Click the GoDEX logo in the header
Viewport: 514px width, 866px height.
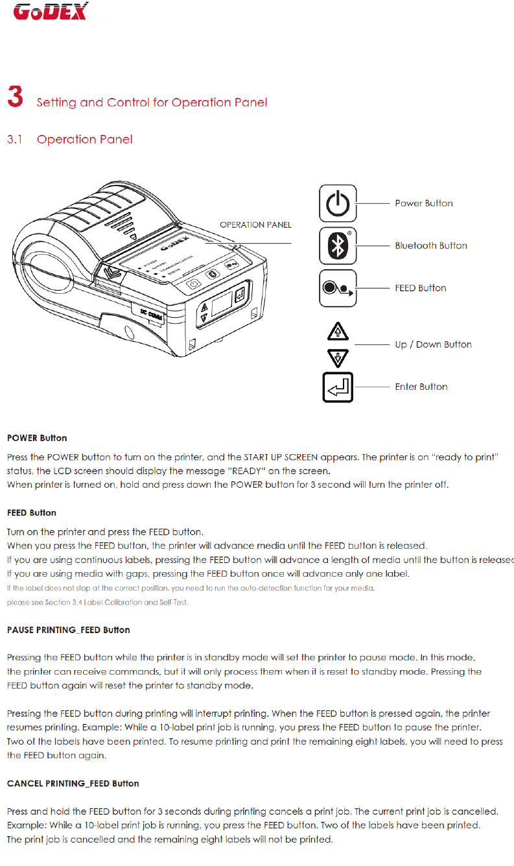click(51, 12)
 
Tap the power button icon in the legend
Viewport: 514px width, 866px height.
click(338, 203)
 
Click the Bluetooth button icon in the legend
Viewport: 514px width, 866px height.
click(338, 246)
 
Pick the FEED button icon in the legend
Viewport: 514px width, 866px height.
click(338, 288)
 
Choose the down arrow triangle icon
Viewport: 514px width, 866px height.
click(338, 357)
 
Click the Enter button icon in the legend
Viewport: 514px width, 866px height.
click(338, 387)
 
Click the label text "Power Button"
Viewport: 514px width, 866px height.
click(424, 203)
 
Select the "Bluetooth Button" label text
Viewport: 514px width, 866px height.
click(431, 246)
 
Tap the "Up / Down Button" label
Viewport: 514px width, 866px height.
click(433, 344)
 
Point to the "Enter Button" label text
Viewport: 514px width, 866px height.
click(421, 387)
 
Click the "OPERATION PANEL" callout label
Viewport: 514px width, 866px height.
click(255, 225)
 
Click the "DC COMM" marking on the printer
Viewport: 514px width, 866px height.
click(152, 315)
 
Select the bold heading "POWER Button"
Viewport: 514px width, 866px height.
click(37, 438)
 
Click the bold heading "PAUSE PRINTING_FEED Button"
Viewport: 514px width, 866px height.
click(68, 630)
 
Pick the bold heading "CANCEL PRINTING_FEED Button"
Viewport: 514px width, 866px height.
click(73, 784)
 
